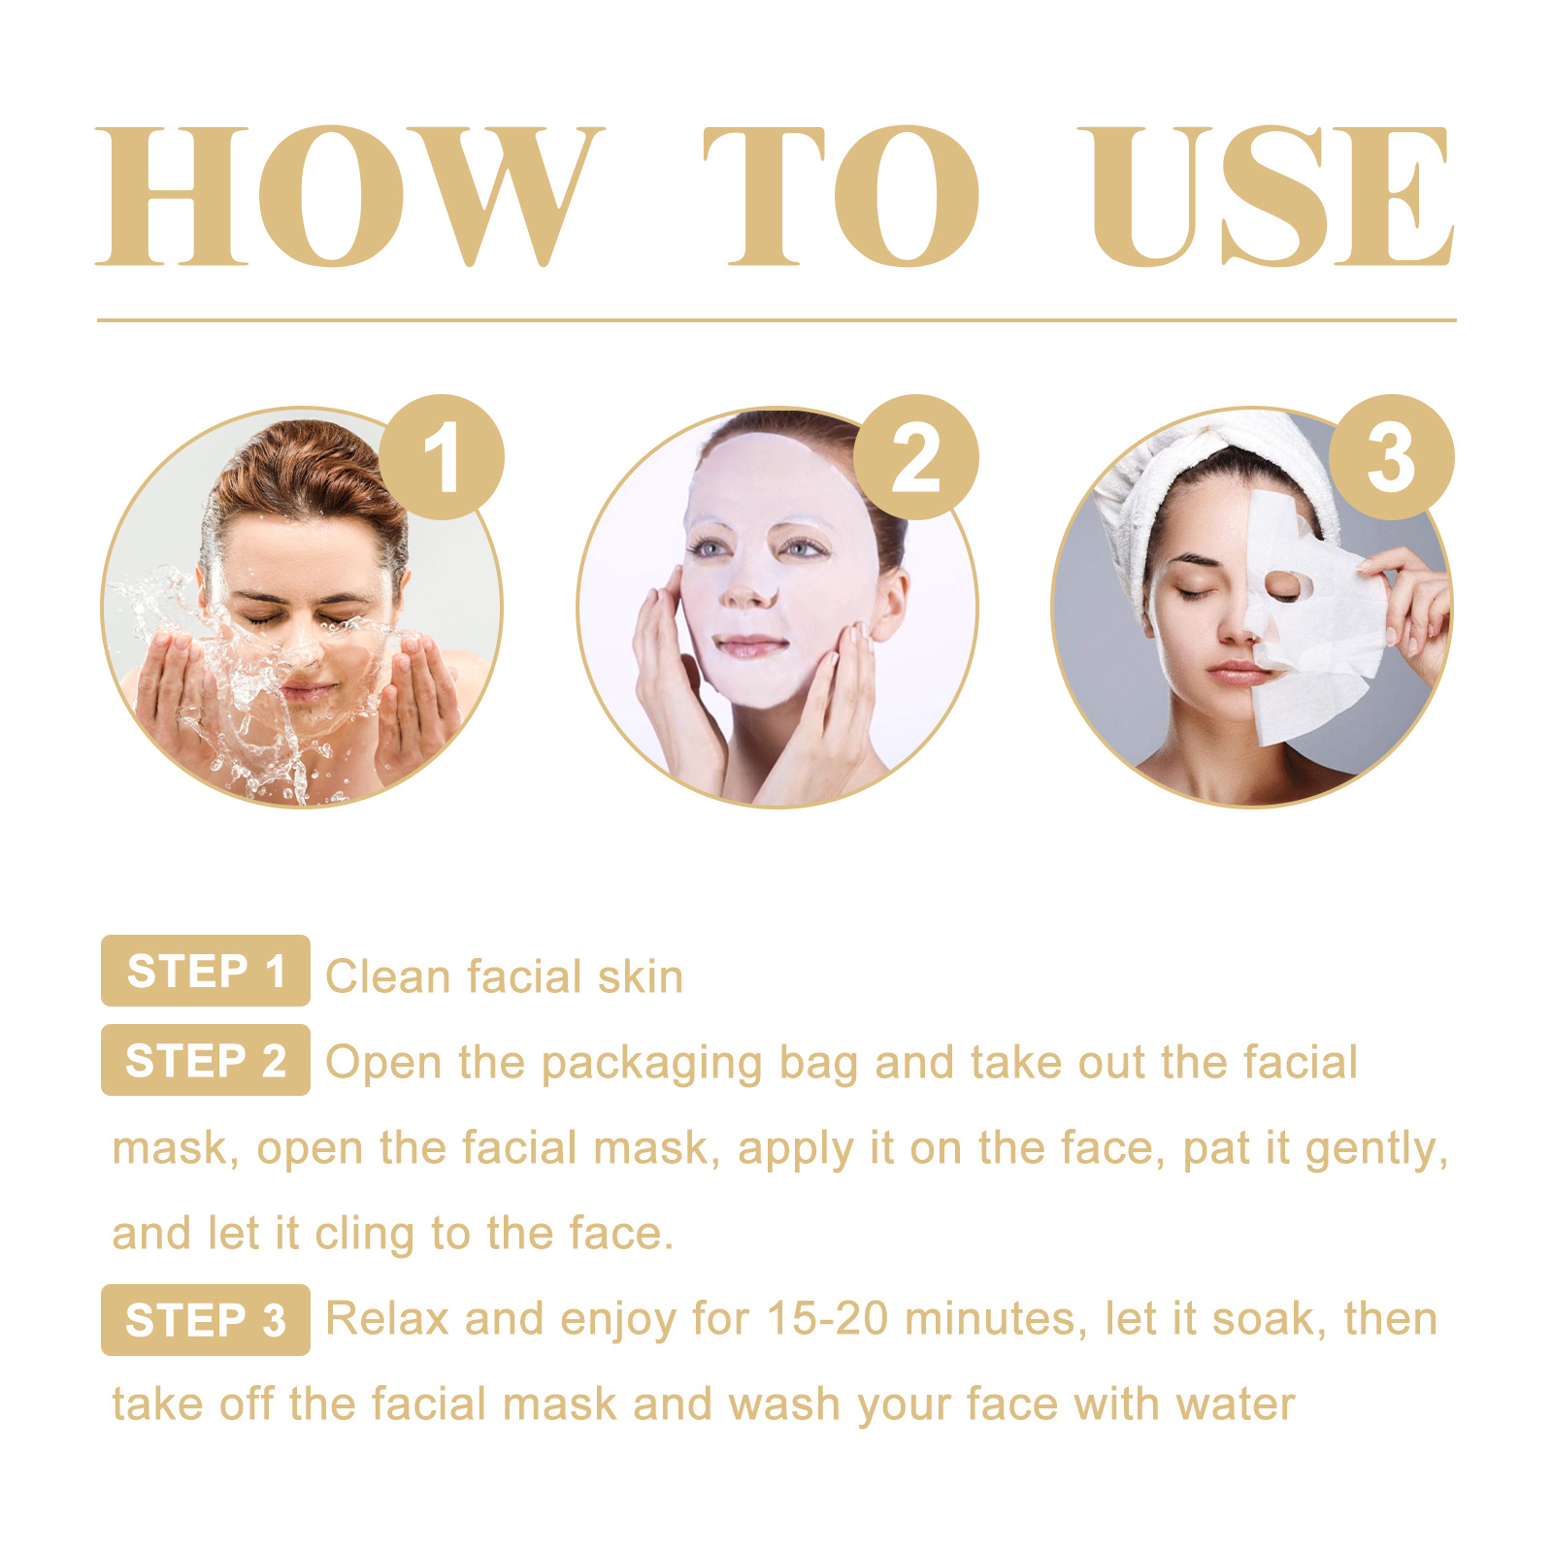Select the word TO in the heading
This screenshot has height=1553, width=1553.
(841, 196)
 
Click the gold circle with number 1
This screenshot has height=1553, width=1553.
(442, 457)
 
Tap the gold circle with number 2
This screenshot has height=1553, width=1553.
(916, 457)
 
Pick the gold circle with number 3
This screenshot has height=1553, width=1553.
(1391, 457)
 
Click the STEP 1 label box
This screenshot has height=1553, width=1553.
(206, 971)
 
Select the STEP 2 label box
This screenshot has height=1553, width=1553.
(206, 1060)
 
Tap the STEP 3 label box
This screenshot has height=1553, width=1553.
(206, 1320)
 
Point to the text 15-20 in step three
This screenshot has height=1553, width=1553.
(827, 1319)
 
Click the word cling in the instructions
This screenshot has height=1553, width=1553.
(365, 1235)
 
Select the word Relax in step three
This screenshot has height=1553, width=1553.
(387, 1319)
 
